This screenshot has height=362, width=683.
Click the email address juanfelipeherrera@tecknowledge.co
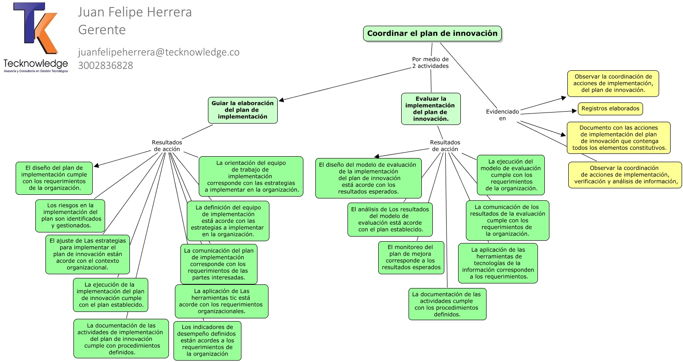(x=158, y=52)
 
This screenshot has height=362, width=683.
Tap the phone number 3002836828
(x=106, y=65)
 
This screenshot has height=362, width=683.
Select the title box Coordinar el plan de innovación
(x=432, y=34)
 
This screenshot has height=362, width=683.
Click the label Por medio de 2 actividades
(x=430, y=62)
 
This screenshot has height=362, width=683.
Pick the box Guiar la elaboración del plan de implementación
(x=243, y=110)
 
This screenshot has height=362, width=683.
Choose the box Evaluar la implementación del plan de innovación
(x=431, y=109)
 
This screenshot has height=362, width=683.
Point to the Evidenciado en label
(x=502, y=115)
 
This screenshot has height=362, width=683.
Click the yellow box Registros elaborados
(x=610, y=109)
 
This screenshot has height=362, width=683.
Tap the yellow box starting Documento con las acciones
(x=619, y=138)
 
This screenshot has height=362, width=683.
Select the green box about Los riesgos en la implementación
(x=70, y=215)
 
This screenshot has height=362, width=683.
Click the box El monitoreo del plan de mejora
(x=411, y=257)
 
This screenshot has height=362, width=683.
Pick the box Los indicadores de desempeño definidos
(x=207, y=340)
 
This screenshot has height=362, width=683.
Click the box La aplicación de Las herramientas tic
(x=221, y=301)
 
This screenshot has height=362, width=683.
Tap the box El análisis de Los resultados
(x=390, y=220)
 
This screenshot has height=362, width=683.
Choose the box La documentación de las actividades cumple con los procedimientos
(x=448, y=304)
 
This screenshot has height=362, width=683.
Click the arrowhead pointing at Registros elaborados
(x=575, y=111)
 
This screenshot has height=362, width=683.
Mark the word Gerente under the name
(x=102, y=30)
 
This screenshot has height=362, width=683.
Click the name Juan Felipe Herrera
(x=135, y=12)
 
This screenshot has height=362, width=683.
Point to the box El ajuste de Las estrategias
(x=88, y=254)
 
